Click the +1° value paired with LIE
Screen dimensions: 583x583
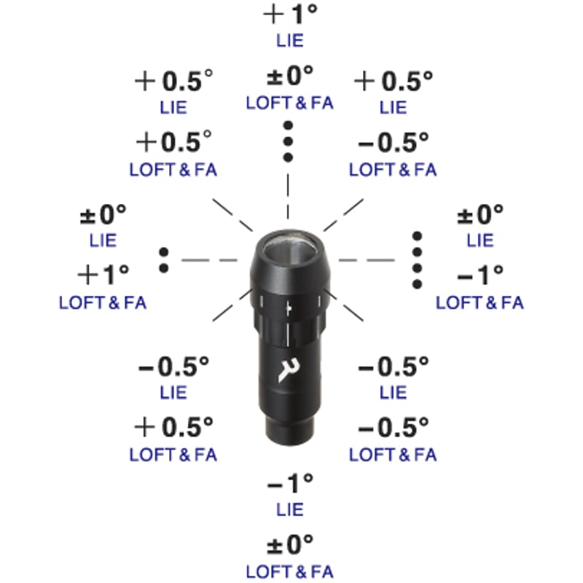click(x=290, y=14)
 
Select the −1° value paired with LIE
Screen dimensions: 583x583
click(x=290, y=484)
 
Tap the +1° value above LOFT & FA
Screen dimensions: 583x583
click(x=103, y=275)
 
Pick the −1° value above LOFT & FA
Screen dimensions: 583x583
click(x=480, y=275)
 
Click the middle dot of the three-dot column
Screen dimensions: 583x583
click(x=288, y=141)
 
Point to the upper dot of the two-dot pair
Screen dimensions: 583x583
click(x=163, y=252)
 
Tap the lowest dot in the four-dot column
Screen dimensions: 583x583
click(x=417, y=284)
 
